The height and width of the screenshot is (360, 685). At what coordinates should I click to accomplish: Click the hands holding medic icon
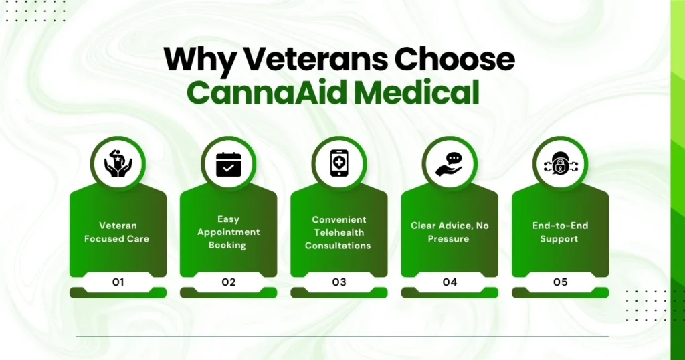point(118,164)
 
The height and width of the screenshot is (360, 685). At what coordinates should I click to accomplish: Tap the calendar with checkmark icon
point(229,164)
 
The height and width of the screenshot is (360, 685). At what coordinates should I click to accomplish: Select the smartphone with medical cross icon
point(339,164)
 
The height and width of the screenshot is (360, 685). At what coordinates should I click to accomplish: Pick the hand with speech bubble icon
point(450,164)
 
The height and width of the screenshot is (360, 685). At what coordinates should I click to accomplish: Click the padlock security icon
point(560,164)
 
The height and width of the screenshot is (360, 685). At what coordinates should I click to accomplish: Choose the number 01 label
point(118,282)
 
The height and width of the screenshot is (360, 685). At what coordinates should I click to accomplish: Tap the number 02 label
point(229,282)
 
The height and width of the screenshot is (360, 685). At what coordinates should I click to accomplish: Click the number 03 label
point(339,282)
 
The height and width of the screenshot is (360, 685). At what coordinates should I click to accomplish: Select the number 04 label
point(450,282)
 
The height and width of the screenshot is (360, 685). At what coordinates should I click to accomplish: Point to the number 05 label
point(560,282)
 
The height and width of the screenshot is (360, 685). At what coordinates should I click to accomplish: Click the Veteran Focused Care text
point(117,232)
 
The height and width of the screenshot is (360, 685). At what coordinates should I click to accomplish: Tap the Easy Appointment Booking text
point(228,232)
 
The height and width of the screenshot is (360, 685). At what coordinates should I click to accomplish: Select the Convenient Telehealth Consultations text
point(338,232)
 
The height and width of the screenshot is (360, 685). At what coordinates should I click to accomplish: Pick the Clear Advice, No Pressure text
point(450,232)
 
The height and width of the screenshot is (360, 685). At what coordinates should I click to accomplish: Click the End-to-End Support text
point(560,232)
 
